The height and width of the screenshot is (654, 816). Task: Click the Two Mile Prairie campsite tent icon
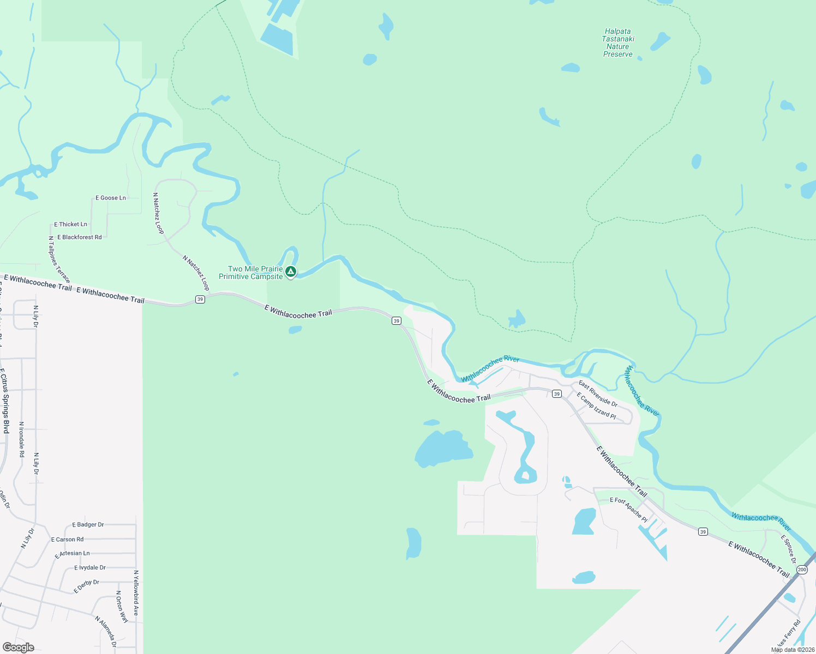pyautogui.click(x=291, y=271)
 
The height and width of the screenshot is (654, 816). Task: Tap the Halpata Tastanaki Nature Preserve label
pyautogui.click(x=618, y=43)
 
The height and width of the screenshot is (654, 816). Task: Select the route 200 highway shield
pyautogui.click(x=801, y=570)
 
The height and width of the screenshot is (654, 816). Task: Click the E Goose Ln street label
pyautogui.click(x=111, y=198)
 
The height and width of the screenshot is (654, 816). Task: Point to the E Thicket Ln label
pyautogui.click(x=70, y=225)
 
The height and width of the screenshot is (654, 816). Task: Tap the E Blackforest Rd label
pyautogui.click(x=80, y=237)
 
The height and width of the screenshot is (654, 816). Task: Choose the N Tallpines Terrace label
pyautogui.click(x=59, y=259)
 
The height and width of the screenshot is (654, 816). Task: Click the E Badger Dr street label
pyautogui.click(x=88, y=525)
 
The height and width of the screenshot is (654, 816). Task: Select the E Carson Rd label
pyautogui.click(x=67, y=540)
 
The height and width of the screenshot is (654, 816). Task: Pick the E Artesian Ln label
pyautogui.click(x=72, y=554)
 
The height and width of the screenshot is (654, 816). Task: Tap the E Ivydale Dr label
pyautogui.click(x=90, y=568)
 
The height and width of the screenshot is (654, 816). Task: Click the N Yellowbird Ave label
pyautogui.click(x=136, y=593)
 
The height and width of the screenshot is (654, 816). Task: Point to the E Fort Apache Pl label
pyautogui.click(x=628, y=510)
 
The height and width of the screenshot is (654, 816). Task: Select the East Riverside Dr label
pyautogui.click(x=598, y=394)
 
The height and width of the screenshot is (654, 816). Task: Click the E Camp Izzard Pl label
pyautogui.click(x=596, y=407)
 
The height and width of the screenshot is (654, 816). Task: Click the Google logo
pyautogui.click(x=18, y=647)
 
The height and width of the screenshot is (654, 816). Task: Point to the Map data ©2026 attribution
pyautogui.click(x=793, y=650)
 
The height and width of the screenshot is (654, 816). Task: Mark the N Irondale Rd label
pyautogui.click(x=22, y=439)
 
